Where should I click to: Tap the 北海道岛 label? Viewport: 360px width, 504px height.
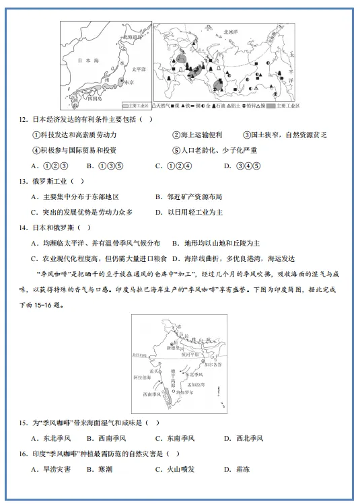click(134, 38)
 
